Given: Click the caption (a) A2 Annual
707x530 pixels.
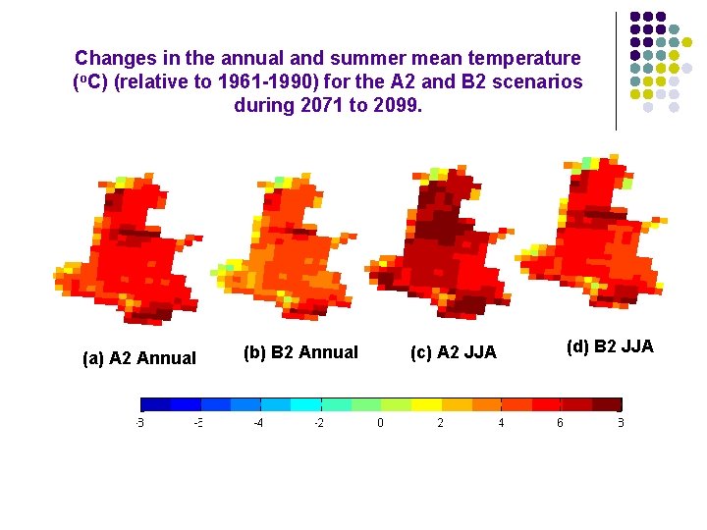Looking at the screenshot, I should coord(139,358).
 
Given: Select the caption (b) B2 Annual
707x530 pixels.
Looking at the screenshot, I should coord(300,352).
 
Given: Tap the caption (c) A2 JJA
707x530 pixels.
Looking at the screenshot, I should coord(453,352).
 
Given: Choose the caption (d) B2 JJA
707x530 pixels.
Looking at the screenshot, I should coord(610,346).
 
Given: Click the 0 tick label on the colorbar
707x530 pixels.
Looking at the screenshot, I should coord(380,423).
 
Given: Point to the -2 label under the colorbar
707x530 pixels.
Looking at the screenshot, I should coord(319,423).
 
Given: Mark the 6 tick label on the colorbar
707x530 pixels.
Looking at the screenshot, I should coord(561,423).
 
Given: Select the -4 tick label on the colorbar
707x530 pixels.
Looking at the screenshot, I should coord(258,423).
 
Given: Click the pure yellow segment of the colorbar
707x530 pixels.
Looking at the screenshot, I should coord(426,403).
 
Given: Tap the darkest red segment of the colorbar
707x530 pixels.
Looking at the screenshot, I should coord(607,403).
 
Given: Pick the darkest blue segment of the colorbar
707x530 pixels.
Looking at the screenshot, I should coord(156,403).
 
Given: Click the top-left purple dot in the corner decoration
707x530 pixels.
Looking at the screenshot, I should coord(635,17).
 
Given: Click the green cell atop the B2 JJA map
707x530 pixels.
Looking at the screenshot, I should coord(589,162).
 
